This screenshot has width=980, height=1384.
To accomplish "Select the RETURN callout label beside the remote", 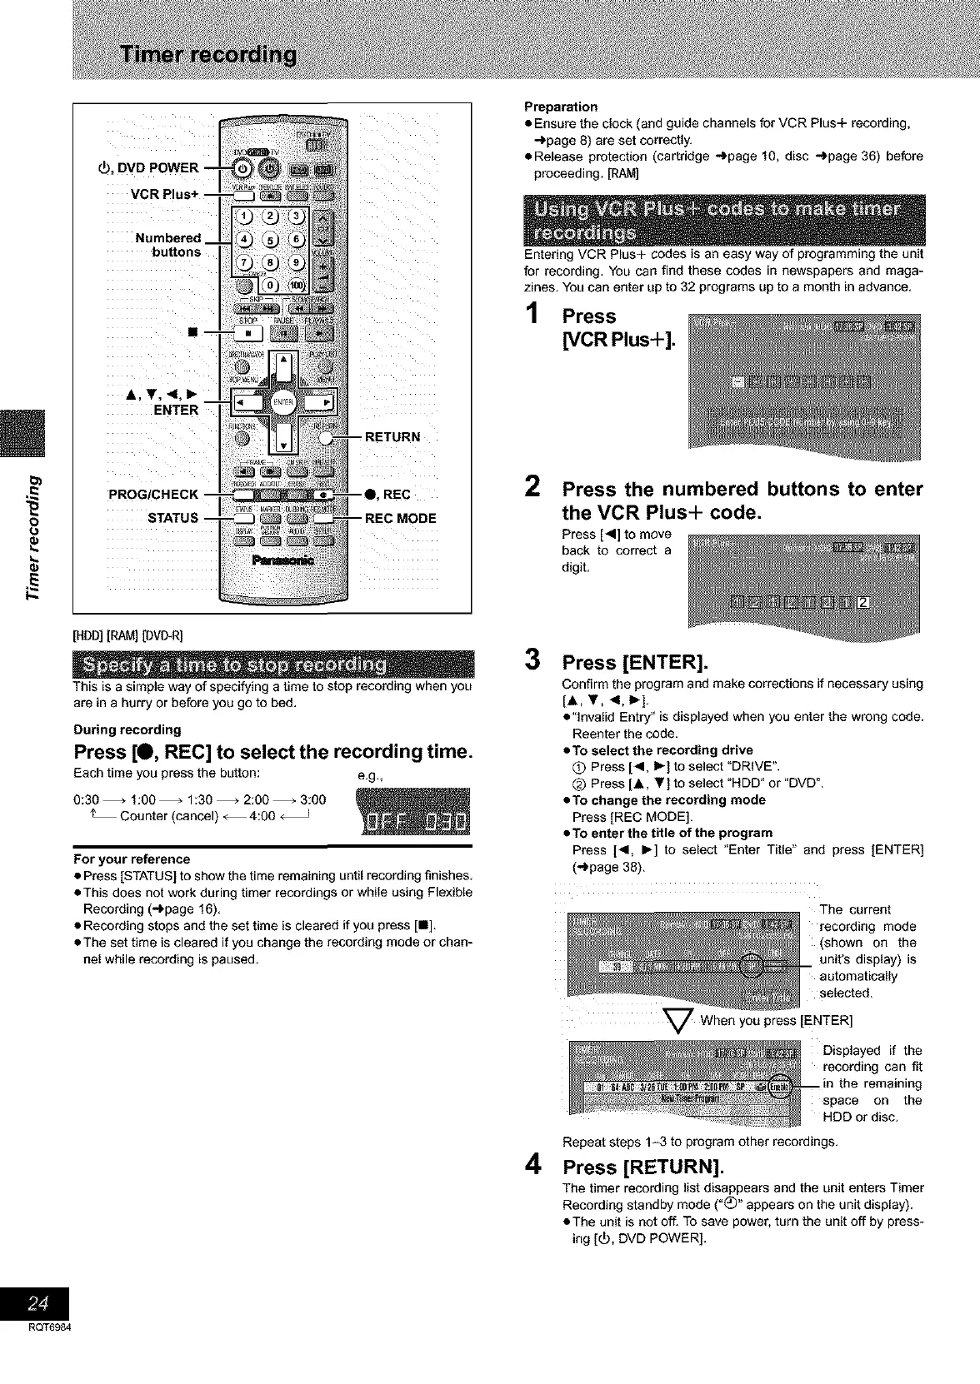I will coord(392,437).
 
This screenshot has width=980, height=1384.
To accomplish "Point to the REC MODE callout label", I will coord(400,518).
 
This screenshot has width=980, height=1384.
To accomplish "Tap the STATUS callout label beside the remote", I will coord(172,518).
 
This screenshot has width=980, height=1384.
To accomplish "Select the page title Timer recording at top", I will coord(209,55).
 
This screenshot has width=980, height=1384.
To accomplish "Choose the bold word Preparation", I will coord(561,106).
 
